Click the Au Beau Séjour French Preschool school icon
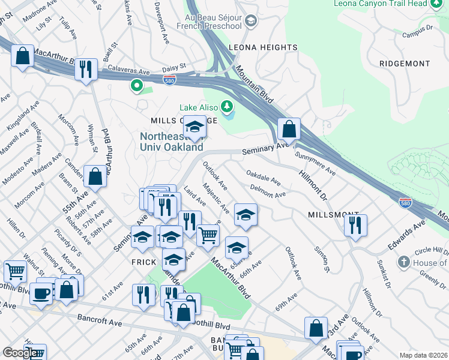pyautogui.click(x=250, y=22)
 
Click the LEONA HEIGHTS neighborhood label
pyautogui.click(x=263, y=47)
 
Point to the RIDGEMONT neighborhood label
pyautogui.click(x=405, y=64)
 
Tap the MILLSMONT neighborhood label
pyautogui.click(x=333, y=215)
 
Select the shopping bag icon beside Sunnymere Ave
pyautogui.click(x=289, y=128)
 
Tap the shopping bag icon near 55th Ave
pyautogui.click(x=95, y=176)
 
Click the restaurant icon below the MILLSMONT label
pyautogui.click(x=355, y=224)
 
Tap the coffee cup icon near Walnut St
pyautogui.click(x=41, y=293)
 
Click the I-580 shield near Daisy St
pyautogui.click(x=171, y=79)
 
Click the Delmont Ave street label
pyautogui.click(x=268, y=194)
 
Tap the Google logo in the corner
pyautogui.click(x=20, y=353)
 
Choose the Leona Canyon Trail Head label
pyautogui.click(x=381, y=4)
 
